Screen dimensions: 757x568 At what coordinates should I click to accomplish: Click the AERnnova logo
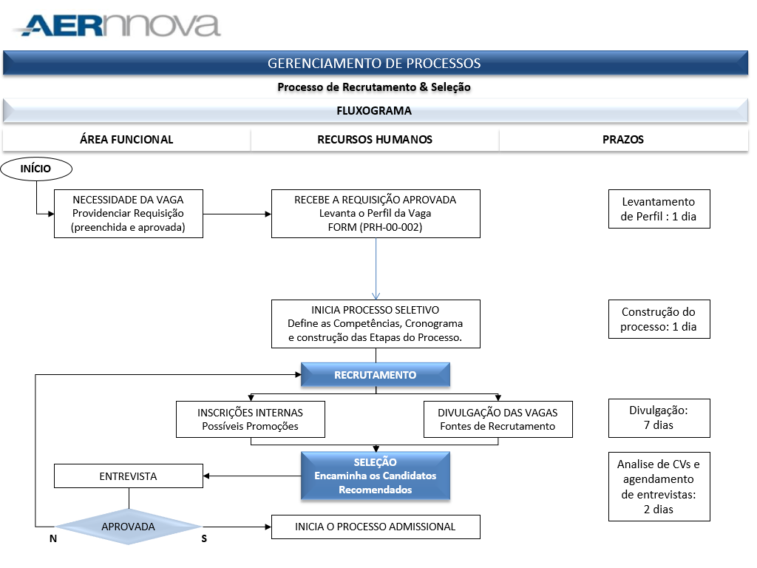point(117,26)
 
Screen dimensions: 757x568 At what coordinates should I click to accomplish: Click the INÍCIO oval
point(36,169)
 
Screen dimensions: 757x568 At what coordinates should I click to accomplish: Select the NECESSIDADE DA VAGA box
point(129,214)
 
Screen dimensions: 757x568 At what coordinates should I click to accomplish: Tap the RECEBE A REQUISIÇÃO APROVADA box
point(376,214)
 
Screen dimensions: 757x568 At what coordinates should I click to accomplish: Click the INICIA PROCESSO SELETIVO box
point(376,324)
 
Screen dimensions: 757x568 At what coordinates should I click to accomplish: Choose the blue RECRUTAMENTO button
point(376,375)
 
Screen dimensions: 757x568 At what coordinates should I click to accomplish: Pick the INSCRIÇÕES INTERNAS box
point(251,419)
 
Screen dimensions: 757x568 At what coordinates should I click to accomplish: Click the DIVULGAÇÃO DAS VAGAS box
point(498,419)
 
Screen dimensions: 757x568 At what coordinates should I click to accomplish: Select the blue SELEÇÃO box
point(376,476)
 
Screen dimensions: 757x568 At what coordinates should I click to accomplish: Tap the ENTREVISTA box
point(129,476)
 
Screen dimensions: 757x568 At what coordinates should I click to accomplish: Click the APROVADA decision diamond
point(129,527)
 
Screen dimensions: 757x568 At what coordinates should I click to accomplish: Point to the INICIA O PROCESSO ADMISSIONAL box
point(376,527)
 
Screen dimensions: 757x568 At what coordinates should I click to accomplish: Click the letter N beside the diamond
point(53,538)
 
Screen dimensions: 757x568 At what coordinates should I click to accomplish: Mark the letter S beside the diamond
point(204,538)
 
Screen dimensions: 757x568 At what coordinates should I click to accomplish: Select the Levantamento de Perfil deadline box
point(659,209)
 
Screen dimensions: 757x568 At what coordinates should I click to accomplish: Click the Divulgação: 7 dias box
point(659,418)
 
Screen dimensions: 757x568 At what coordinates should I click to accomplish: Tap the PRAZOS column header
point(622,140)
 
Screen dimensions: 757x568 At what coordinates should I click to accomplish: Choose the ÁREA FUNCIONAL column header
point(126,140)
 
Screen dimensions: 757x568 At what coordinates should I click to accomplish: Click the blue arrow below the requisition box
point(376,268)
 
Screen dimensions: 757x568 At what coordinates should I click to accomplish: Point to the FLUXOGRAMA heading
point(374,111)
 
